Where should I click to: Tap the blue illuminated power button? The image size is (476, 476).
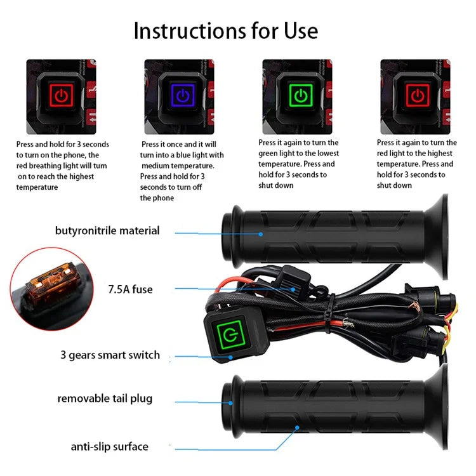tap(182, 96)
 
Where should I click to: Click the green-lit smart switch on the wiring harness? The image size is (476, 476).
tap(227, 334)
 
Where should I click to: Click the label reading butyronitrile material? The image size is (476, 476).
tap(107, 230)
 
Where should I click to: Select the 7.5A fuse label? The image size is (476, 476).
tap(130, 289)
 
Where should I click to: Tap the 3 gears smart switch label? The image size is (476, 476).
tap(110, 355)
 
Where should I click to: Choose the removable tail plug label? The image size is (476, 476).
tap(105, 399)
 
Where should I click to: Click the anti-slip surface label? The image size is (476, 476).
tap(109, 446)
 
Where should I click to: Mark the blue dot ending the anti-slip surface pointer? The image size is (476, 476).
tap(297, 428)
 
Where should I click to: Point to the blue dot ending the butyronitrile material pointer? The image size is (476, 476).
tap(261, 234)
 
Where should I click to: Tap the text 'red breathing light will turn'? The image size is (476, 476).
tap(62, 166)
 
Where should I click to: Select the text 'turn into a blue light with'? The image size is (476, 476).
tap(182, 155)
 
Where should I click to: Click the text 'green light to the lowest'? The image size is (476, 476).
tap(298, 153)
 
